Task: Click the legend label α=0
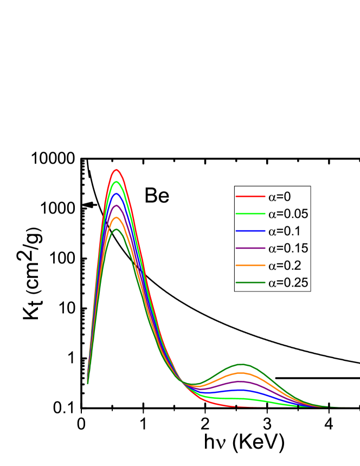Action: click(x=279, y=196)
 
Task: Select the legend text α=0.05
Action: click(x=288, y=213)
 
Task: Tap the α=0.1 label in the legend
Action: click(x=284, y=231)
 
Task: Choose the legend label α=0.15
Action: click(x=288, y=248)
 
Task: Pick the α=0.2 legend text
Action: click(x=284, y=266)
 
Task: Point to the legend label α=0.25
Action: click(x=288, y=283)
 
